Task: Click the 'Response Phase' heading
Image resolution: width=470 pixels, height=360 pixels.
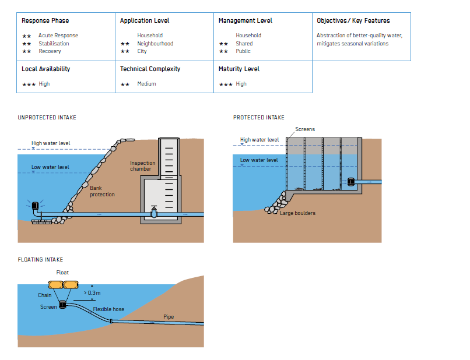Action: [x=45, y=20]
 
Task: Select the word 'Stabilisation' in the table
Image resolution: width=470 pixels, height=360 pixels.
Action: [x=54, y=44]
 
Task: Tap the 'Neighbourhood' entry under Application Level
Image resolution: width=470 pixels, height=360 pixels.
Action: [x=155, y=44]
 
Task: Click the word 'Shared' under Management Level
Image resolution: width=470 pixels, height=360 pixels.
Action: [x=244, y=44]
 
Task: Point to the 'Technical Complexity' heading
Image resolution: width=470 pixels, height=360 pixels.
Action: [x=150, y=69]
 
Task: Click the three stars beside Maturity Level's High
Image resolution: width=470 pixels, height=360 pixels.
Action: [x=226, y=84]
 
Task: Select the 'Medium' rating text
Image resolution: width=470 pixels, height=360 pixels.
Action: [x=146, y=84]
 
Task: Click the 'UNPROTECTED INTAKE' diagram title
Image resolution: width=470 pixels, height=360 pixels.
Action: [x=47, y=118]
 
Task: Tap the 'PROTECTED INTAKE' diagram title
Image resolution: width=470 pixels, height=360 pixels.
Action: [x=259, y=118]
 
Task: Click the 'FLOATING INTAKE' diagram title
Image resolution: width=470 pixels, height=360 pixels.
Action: [x=40, y=260]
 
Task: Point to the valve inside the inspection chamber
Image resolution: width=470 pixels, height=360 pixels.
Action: [x=154, y=212]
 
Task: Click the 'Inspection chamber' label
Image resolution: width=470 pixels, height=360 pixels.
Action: [x=143, y=166]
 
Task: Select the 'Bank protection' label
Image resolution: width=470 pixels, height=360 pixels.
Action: [x=102, y=191]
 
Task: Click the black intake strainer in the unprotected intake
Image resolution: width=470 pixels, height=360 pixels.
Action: [x=36, y=206]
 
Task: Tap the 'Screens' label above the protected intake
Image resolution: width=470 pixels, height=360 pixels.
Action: [x=305, y=129]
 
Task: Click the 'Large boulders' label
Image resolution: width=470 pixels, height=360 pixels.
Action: [x=297, y=213]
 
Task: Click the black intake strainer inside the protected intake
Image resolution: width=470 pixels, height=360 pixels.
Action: [x=351, y=182]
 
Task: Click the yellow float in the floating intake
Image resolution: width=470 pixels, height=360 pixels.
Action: [x=63, y=284]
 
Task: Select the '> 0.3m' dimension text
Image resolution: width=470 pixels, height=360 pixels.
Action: [x=92, y=293]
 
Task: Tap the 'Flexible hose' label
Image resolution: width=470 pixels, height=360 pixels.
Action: [x=108, y=309]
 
